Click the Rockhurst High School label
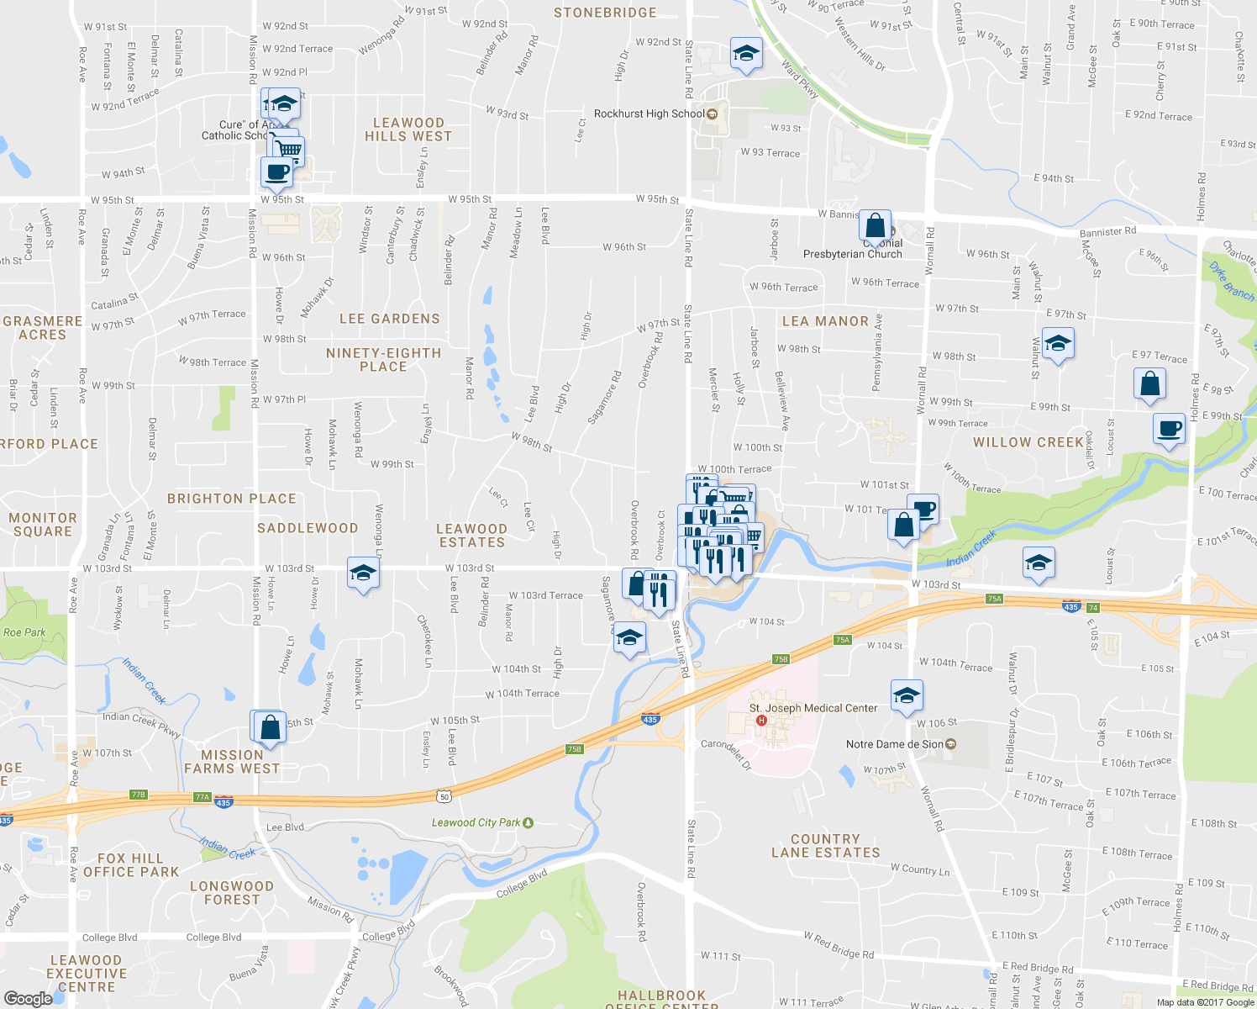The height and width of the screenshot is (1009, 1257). tap(650, 114)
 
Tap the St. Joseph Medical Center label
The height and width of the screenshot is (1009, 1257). tap(813, 708)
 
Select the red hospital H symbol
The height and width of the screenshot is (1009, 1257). tap(761, 721)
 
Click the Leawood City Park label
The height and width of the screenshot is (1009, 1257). tap(476, 822)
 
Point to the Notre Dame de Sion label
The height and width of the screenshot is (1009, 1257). tap(895, 744)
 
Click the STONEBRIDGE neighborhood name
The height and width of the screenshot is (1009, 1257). tap(605, 13)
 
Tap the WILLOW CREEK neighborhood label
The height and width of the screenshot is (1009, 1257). tap(1028, 442)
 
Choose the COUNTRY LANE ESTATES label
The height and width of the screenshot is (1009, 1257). tap(825, 846)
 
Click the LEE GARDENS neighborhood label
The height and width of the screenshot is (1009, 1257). tap(390, 319)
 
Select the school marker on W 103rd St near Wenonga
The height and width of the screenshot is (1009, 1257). tap(362, 573)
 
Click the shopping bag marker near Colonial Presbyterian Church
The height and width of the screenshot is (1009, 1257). tap(875, 226)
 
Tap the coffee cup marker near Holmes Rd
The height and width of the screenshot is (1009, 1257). tap(1169, 429)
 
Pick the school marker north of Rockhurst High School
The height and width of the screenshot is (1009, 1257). tap(746, 54)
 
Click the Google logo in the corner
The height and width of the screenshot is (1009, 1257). tap(28, 998)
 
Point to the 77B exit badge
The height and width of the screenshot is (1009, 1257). tap(139, 795)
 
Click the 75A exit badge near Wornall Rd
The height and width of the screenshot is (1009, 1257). tap(995, 599)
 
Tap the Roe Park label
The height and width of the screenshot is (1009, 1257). tap(24, 632)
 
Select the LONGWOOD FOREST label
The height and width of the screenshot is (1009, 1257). tap(232, 893)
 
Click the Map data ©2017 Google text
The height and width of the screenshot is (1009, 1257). tap(1205, 1002)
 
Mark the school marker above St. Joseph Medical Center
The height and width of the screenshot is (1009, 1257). tap(906, 695)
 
